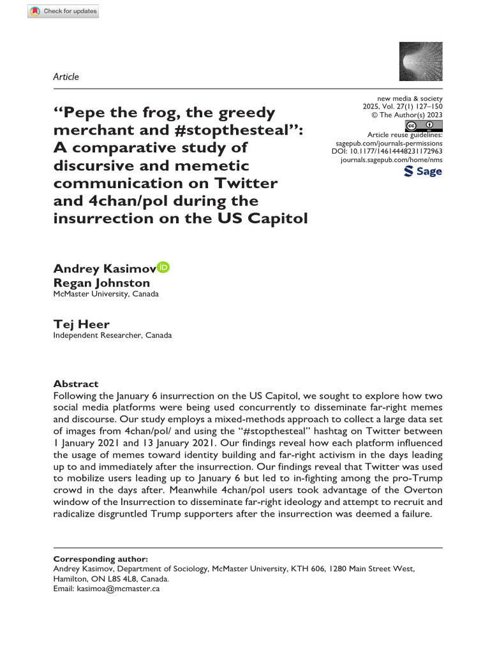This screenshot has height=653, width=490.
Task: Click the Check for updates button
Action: [x=64, y=11]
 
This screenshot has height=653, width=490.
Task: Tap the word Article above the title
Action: [x=66, y=77]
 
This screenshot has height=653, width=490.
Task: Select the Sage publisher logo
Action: [x=423, y=172]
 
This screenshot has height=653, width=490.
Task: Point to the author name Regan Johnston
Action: [x=101, y=282]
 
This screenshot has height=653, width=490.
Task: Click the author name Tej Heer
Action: [x=81, y=324]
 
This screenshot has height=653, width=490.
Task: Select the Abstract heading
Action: [x=76, y=384]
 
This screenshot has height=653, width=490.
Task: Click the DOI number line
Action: [x=387, y=153]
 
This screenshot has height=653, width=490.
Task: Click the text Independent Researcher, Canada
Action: [x=112, y=335]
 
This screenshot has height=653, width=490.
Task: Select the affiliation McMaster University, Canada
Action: [x=106, y=294]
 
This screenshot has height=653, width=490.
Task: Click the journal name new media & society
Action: [x=410, y=98]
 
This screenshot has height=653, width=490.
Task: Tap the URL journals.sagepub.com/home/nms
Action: [x=392, y=162]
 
